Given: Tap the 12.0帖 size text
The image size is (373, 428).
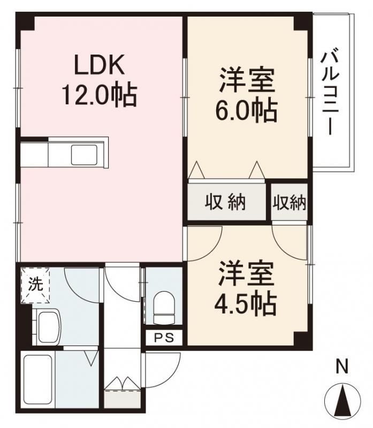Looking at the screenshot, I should click(100, 96).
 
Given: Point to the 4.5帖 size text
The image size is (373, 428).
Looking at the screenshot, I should click(247, 304).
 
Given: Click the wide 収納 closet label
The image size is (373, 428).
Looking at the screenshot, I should click(225, 203).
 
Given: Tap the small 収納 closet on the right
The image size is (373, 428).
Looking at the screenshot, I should click(290, 203).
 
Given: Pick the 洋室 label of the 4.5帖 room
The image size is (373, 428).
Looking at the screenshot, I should click(247, 274).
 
